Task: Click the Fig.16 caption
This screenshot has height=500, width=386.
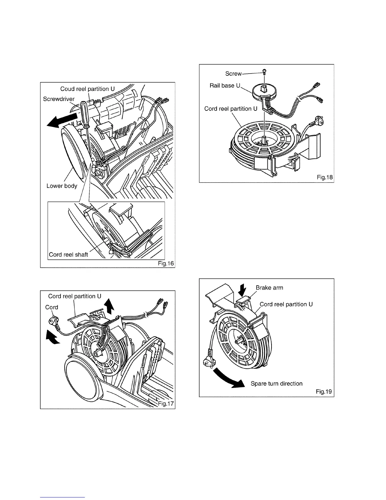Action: click(x=166, y=263)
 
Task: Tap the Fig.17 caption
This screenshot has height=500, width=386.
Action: click(x=166, y=404)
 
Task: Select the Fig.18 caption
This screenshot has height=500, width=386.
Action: click(x=325, y=177)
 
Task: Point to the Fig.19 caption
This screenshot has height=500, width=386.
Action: click(x=324, y=392)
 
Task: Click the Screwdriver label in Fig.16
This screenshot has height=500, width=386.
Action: click(x=59, y=99)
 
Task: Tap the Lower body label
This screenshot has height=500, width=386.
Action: click(x=62, y=186)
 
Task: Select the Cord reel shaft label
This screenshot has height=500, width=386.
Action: click(x=68, y=254)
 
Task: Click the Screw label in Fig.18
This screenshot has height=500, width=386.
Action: click(x=233, y=74)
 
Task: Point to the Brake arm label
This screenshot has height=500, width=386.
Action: click(x=269, y=288)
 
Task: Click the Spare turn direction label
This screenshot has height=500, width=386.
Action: click(x=277, y=384)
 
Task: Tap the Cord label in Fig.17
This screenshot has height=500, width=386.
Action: click(x=52, y=307)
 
